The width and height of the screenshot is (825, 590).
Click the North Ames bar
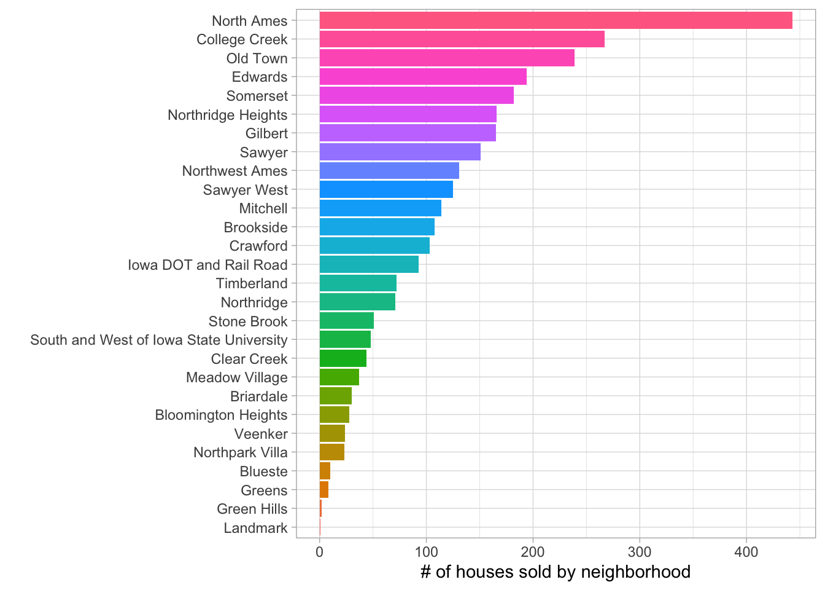pos(556,20)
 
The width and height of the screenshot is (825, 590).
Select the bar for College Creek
pos(462,39)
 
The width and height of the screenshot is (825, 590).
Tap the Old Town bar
pos(447,58)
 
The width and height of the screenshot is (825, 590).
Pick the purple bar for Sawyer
pos(400,152)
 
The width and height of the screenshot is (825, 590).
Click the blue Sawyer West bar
pos(386,189)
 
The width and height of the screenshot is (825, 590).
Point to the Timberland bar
pos(358,283)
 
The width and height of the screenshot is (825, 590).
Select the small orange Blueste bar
pos(325,471)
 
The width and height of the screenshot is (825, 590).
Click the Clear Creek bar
pos(343,358)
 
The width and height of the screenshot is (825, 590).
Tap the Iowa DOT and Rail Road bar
pos(369,264)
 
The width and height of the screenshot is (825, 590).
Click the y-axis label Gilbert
pos(266,133)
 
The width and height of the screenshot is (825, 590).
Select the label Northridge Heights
pos(227,115)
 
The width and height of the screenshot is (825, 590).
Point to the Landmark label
pos(255,528)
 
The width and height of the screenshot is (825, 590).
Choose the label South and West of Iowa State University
pos(159,340)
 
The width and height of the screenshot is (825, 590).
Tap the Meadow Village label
pos(236,377)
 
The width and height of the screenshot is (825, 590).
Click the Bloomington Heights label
pos(221,415)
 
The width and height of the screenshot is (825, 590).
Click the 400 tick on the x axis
pos(746,552)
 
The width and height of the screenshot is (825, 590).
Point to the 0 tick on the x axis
pos(319,552)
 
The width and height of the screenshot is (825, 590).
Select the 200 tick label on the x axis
pos(533,552)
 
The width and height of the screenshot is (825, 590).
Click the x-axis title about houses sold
pos(556,572)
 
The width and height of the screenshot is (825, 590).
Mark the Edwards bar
pos(423,77)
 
